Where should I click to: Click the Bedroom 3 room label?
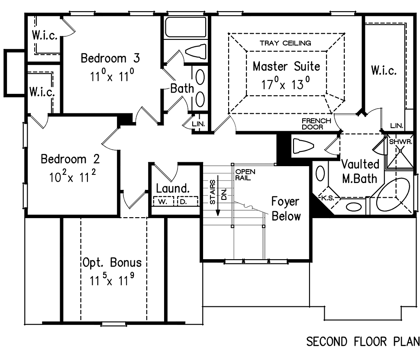coord(110,58)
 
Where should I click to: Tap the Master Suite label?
coord(287,66)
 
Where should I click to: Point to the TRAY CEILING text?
coord(285,43)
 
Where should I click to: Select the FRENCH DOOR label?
coord(317,124)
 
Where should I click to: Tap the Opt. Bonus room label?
coord(112,263)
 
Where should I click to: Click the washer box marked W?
coord(163,201)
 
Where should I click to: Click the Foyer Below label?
coord(286,208)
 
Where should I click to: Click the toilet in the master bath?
coord(305,145)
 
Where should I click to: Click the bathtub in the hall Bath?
coord(185,27)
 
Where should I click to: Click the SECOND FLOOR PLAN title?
coord(363,342)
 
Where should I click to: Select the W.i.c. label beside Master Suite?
coord(384,71)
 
